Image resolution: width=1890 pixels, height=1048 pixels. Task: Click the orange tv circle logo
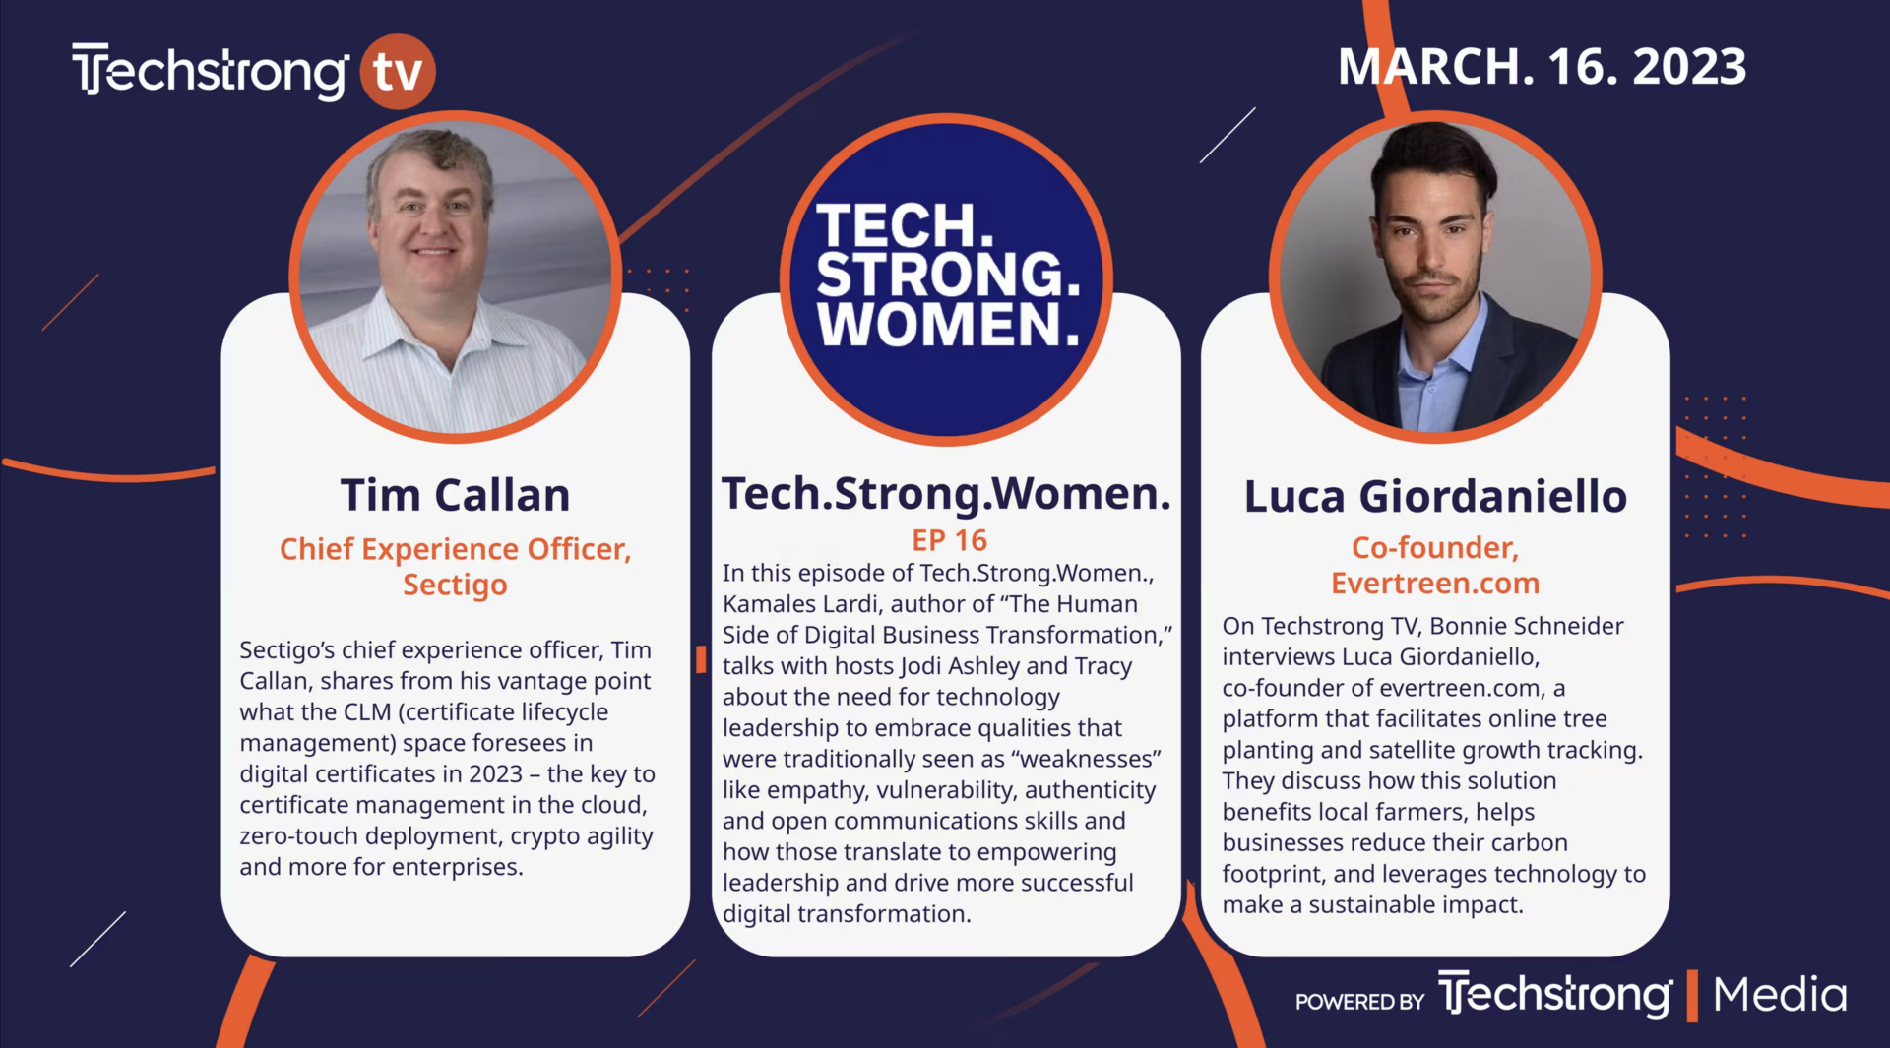click(398, 72)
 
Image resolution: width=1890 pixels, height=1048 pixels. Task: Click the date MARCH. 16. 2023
click(1542, 67)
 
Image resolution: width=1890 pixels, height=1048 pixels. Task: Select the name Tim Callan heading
click(455, 495)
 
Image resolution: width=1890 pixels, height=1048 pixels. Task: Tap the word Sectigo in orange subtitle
click(455, 585)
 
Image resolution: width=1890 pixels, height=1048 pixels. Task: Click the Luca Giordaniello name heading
click(1435, 496)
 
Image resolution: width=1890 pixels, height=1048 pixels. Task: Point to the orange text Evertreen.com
click(1435, 583)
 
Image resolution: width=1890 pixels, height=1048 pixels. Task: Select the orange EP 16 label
click(949, 540)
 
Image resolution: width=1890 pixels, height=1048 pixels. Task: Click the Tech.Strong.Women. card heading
click(946, 493)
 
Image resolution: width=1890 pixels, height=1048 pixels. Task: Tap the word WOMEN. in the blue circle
click(948, 325)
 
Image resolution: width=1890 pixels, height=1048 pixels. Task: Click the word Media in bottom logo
click(1780, 995)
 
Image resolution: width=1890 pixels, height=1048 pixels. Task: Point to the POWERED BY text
click(1359, 1002)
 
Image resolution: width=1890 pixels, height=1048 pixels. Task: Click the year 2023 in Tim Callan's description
click(495, 774)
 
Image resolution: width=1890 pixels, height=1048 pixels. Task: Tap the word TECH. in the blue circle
click(905, 225)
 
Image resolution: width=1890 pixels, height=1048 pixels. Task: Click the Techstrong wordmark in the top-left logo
click(210, 71)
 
